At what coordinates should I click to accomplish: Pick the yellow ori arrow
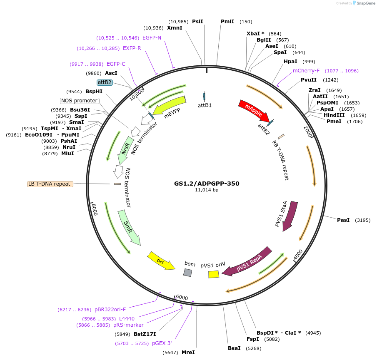(x=161, y=261)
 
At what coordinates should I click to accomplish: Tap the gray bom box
(x=188, y=273)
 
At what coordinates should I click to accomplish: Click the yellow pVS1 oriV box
(x=214, y=274)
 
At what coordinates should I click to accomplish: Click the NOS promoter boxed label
(x=80, y=101)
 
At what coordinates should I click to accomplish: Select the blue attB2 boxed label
(x=105, y=82)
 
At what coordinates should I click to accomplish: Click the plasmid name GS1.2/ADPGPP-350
(x=207, y=183)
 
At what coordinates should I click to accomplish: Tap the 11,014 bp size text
(x=207, y=190)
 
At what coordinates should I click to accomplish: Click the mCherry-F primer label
(x=306, y=71)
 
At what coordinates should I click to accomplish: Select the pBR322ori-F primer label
(x=110, y=309)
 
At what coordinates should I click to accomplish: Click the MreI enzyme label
(x=188, y=353)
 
